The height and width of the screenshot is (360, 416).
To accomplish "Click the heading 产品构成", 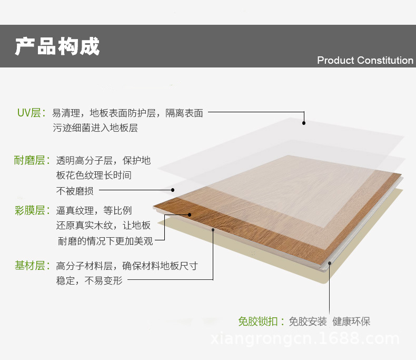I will (57, 46).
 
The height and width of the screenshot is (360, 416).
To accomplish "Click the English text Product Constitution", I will (365, 60).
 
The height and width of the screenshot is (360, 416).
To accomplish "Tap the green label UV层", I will (29, 113).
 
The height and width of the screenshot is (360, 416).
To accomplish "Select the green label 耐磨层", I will (29, 160).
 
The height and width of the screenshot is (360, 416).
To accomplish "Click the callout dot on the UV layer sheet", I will (304, 123).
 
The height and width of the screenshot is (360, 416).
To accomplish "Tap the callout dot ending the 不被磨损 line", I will (172, 190).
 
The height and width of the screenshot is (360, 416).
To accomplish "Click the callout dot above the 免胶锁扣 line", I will (330, 262).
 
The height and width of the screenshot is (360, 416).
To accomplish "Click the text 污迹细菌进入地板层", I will (95, 128).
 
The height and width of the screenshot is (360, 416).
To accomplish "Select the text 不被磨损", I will (75, 191).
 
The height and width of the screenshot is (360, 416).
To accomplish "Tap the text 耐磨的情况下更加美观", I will (105, 241).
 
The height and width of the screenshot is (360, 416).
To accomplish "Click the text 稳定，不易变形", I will (89, 280).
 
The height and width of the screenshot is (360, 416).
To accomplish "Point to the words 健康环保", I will (351, 322).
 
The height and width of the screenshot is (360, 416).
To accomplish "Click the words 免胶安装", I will (308, 322).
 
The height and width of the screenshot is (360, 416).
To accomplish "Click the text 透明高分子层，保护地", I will (103, 160).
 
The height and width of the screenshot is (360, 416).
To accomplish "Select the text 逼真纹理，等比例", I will (94, 211).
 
